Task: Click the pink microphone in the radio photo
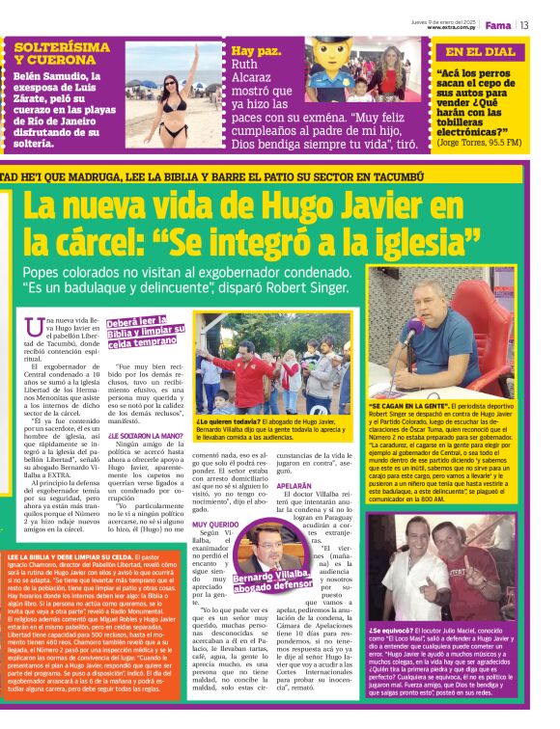(409, 333)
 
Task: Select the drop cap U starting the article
(35, 327)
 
